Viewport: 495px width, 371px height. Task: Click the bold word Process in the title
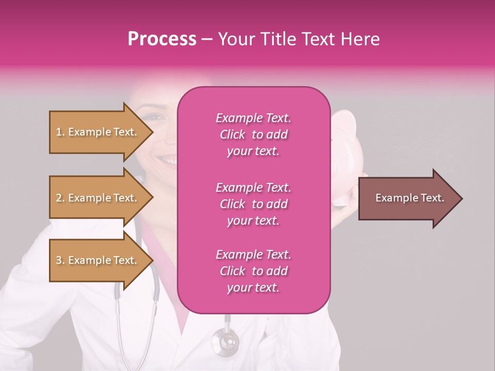click(x=162, y=39)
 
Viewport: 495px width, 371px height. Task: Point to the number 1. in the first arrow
click(x=60, y=132)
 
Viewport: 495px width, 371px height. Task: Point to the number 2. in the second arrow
click(x=60, y=198)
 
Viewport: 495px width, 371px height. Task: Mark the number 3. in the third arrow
click(x=60, y=260)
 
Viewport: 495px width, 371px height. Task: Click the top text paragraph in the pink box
click(x=253, y=134)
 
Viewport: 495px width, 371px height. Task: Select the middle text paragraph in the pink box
click(x=253, y=204)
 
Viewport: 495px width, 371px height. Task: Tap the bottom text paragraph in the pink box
click(x=253, y=271)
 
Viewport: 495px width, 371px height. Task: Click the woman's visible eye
click(x=154, y=116)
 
